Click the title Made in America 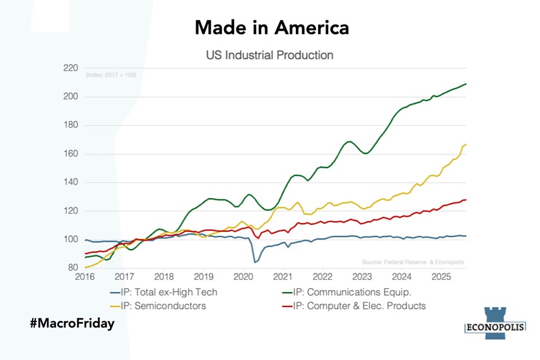click(271, 28)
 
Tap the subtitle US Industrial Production click(269, 55)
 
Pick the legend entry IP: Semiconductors click(158, 306)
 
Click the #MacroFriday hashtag click(72, 323)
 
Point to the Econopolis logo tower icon click(495, 315)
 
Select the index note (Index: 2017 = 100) click(110, 76)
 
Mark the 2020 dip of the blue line click(255, 262)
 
